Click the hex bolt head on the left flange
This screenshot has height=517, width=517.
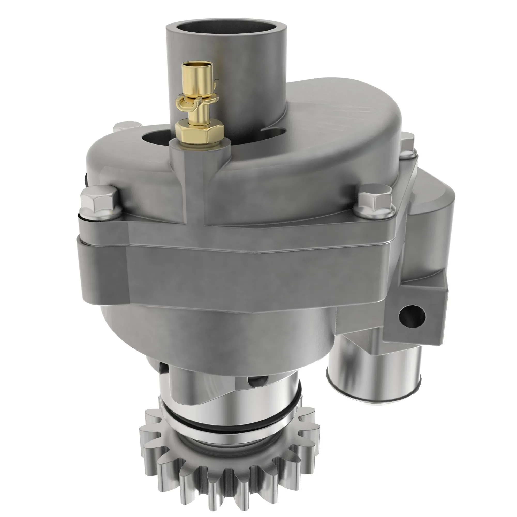100,199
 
